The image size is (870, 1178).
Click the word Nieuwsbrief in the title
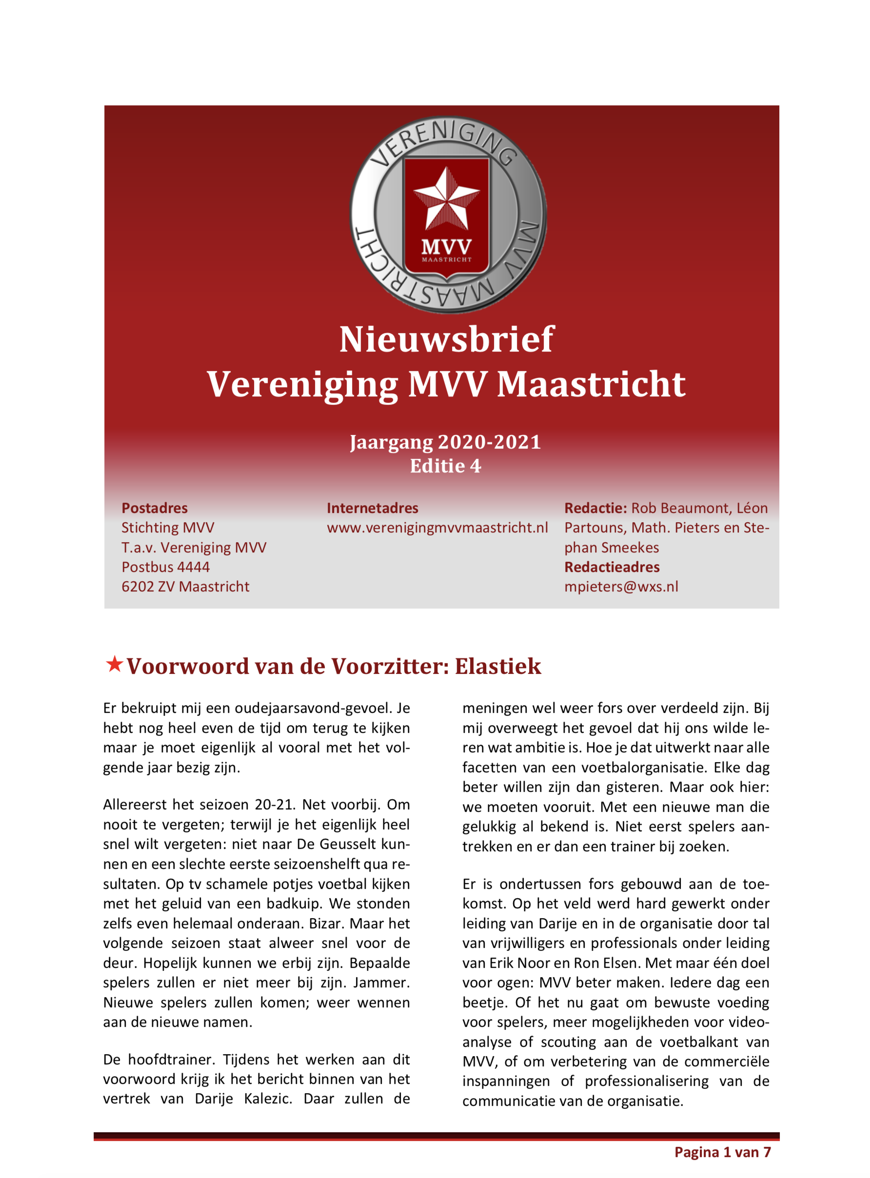[x=446, y=339]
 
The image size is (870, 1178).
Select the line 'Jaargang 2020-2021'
[x=446, y=442]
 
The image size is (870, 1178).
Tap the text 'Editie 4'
[x=446, y=466]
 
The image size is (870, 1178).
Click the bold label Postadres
[x=154, y=508]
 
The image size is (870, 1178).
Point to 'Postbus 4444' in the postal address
[x=165, y=567]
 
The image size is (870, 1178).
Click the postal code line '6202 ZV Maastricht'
[x=185, y=587]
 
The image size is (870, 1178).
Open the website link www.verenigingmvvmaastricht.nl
[x=437, y=528]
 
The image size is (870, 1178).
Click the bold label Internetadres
[x=372, y=508]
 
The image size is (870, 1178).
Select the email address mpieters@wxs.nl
[x=621, y=587]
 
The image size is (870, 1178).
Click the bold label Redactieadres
[x=612, y=567]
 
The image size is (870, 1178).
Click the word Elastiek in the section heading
[x=498, y=667]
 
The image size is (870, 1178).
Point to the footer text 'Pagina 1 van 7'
[x=723, y=1152]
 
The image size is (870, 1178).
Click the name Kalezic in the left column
[x=268, y=1099]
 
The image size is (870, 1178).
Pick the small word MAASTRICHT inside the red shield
[x=447, y=259]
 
